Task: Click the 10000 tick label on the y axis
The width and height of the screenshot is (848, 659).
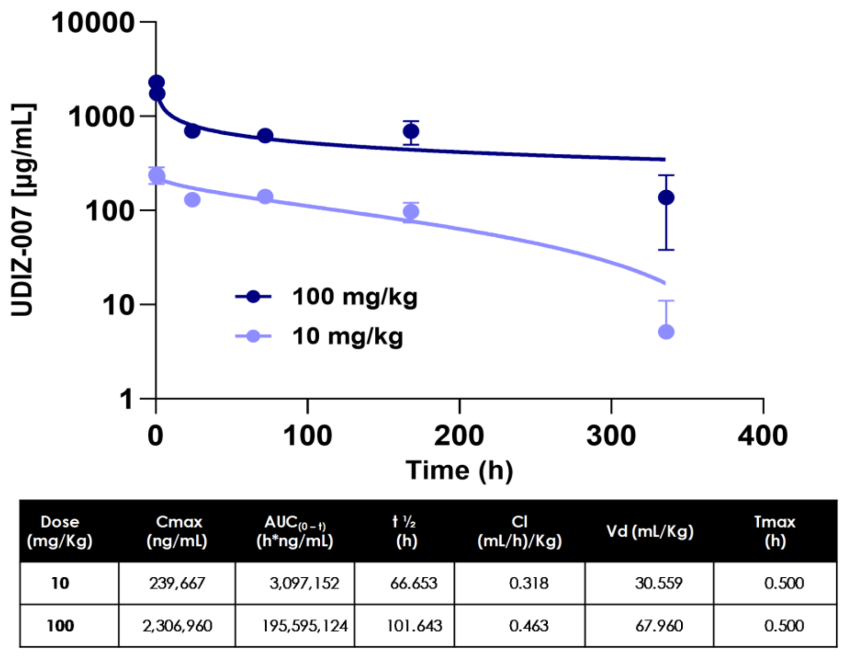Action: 93,22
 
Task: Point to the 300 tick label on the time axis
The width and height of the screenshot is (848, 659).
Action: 611,436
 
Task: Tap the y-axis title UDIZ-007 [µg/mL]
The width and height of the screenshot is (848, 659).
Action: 22,210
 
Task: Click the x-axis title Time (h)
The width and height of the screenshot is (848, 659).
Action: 459,471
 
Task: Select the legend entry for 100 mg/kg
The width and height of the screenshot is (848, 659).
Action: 326,297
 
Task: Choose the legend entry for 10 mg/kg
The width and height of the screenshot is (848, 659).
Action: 319,336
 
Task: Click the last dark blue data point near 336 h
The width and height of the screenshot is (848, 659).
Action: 666,197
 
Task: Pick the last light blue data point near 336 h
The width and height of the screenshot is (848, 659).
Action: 666,332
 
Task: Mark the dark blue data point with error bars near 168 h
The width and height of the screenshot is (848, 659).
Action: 411,132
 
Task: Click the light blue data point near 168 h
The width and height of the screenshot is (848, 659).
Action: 411,212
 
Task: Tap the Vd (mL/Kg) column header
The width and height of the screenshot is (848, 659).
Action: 650,531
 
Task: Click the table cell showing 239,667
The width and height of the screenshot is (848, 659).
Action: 177,584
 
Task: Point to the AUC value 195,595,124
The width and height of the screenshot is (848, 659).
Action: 305,626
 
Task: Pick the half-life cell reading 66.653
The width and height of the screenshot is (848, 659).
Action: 414,584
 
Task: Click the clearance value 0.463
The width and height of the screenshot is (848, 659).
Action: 529,626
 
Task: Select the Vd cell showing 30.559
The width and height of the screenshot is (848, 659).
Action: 659,584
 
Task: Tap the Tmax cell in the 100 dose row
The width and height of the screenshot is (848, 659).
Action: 784,626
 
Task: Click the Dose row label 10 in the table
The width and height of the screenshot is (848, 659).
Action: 60,584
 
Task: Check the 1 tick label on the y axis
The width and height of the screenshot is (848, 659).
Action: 126,399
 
